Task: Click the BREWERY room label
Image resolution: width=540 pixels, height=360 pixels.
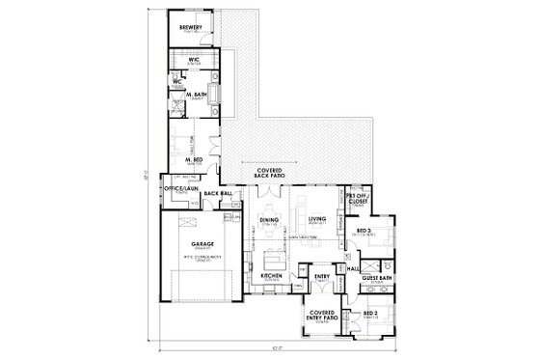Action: pos(190,28)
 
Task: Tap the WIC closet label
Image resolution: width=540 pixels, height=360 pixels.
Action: pos(194,60)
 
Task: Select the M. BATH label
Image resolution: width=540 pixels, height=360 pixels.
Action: pos(194,95)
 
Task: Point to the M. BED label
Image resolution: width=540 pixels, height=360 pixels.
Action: pos(194,159)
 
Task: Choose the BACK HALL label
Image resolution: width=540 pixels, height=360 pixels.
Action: pos(220,194)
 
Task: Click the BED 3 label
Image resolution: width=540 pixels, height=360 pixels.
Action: pos(364,231)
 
